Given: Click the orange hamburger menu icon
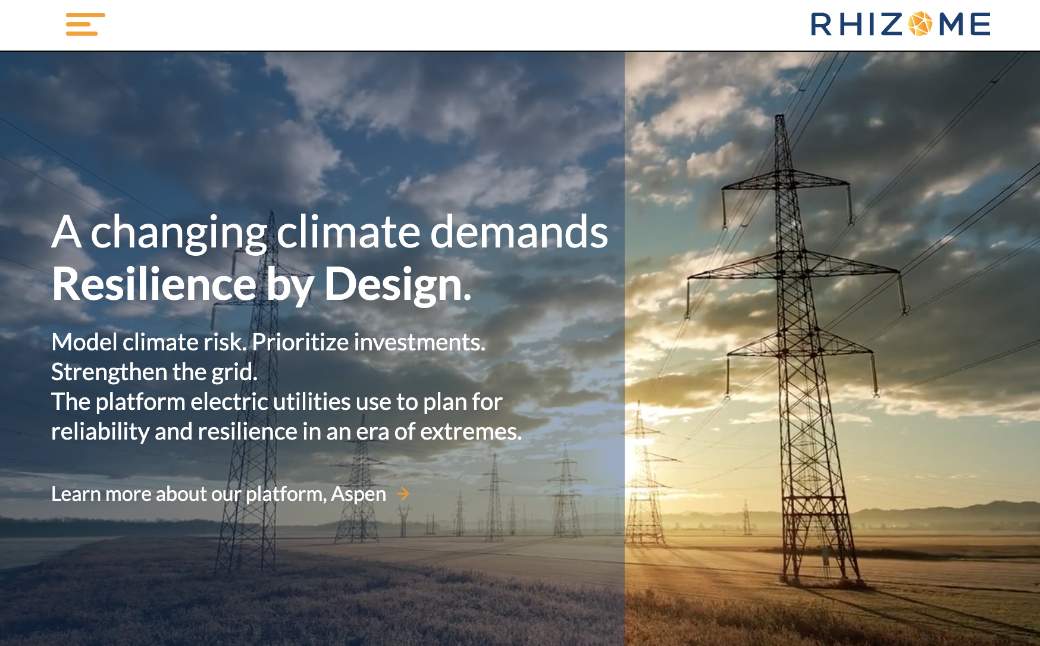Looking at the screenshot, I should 85,24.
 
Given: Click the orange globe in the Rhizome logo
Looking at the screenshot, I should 920,24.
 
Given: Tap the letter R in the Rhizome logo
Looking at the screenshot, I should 821,25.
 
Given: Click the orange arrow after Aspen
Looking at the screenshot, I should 403,494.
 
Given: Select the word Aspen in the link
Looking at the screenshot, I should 358,494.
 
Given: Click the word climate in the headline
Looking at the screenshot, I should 349,232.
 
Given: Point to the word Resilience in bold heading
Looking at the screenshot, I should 154,284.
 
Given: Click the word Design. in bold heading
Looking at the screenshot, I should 397,284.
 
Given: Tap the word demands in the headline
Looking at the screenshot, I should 519,232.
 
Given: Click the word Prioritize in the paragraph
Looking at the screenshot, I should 300,343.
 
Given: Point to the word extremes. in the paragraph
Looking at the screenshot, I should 471,432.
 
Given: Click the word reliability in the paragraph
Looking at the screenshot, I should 100,432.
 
